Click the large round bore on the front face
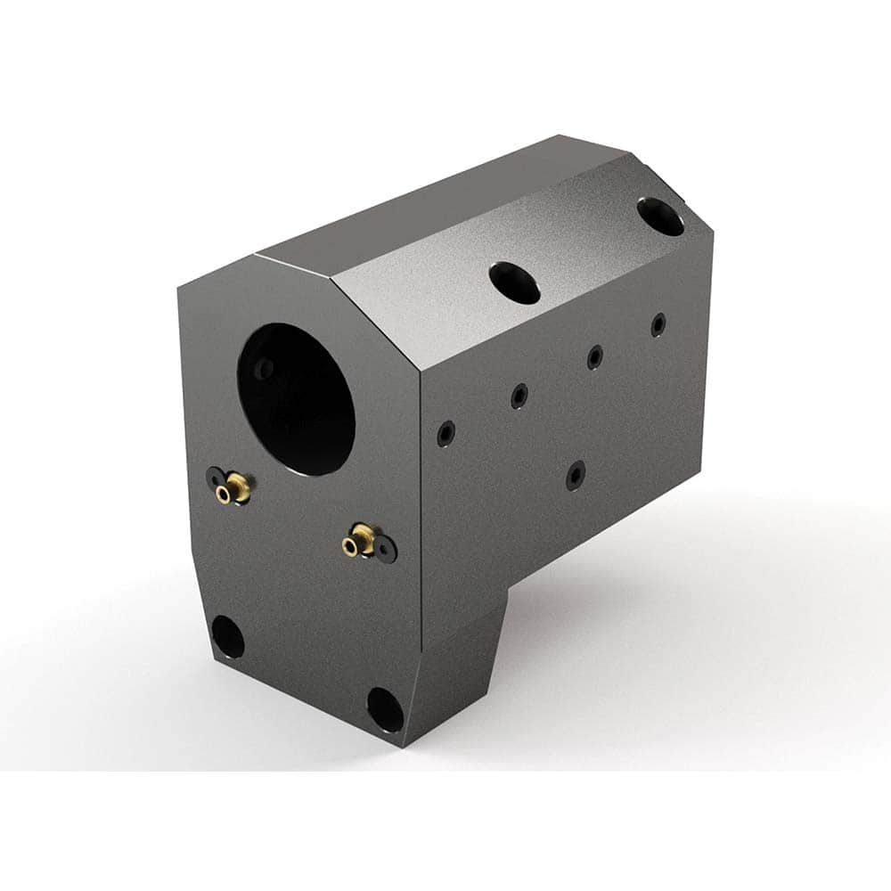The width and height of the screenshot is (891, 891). tap(296, 399)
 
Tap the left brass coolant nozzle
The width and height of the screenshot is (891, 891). tap(237, 486)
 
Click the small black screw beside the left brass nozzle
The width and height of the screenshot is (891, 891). tap(216, 478)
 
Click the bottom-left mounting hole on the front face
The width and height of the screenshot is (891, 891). tap(227, 637)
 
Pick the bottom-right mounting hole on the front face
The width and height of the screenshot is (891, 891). tap(385, 710)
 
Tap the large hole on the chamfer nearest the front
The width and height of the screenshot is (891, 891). tap(515, 282)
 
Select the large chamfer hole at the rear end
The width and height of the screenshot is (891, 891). tap(660, 217)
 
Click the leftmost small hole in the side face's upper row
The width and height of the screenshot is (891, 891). tap(445, 434)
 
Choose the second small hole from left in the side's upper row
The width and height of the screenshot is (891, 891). tap(519, 396)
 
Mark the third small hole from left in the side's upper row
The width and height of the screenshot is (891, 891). tap(594, 357)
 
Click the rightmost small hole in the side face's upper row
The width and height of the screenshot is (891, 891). tap(658, 324)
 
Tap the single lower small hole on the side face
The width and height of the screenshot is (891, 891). tap(576, 475)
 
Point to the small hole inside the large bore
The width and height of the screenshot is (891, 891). tap(263, 368)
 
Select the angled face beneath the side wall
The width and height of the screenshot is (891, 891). tap(463, 659)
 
